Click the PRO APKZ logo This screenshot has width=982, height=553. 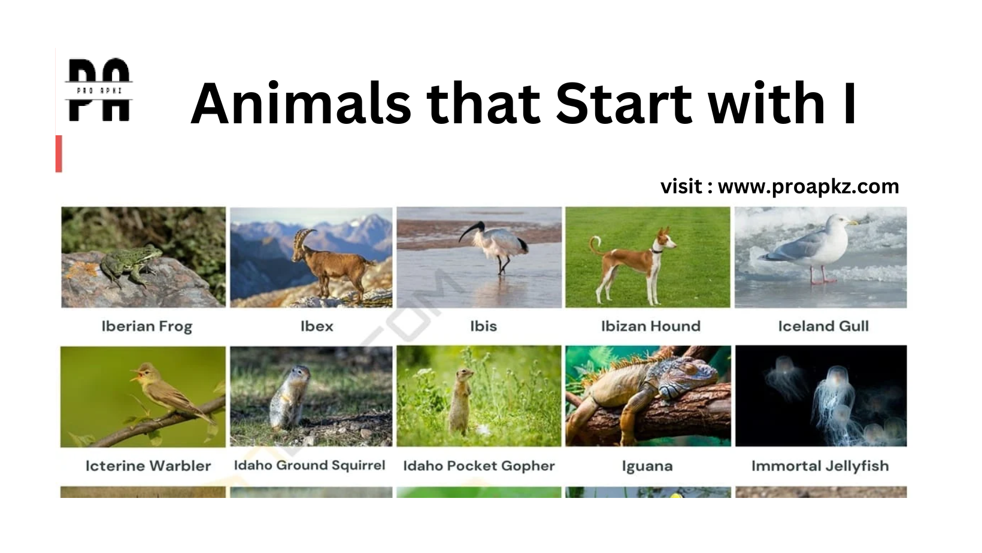[99, 90]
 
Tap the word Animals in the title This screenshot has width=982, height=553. [301, 104]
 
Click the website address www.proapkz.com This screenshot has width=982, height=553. [808, 187]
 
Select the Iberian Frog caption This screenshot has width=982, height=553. [147, 326]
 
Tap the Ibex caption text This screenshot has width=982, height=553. [317, 326]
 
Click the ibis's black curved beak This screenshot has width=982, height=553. [469, 231]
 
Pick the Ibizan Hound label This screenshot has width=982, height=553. [650, 326]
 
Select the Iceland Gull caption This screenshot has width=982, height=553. [823, 326]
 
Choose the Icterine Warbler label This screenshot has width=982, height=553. [148, 466]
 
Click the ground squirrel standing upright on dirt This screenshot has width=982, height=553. [289, 397]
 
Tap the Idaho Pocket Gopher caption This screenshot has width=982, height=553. [479, 466]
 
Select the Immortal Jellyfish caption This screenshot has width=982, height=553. [820, 466]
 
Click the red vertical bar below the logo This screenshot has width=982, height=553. [59, 154]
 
